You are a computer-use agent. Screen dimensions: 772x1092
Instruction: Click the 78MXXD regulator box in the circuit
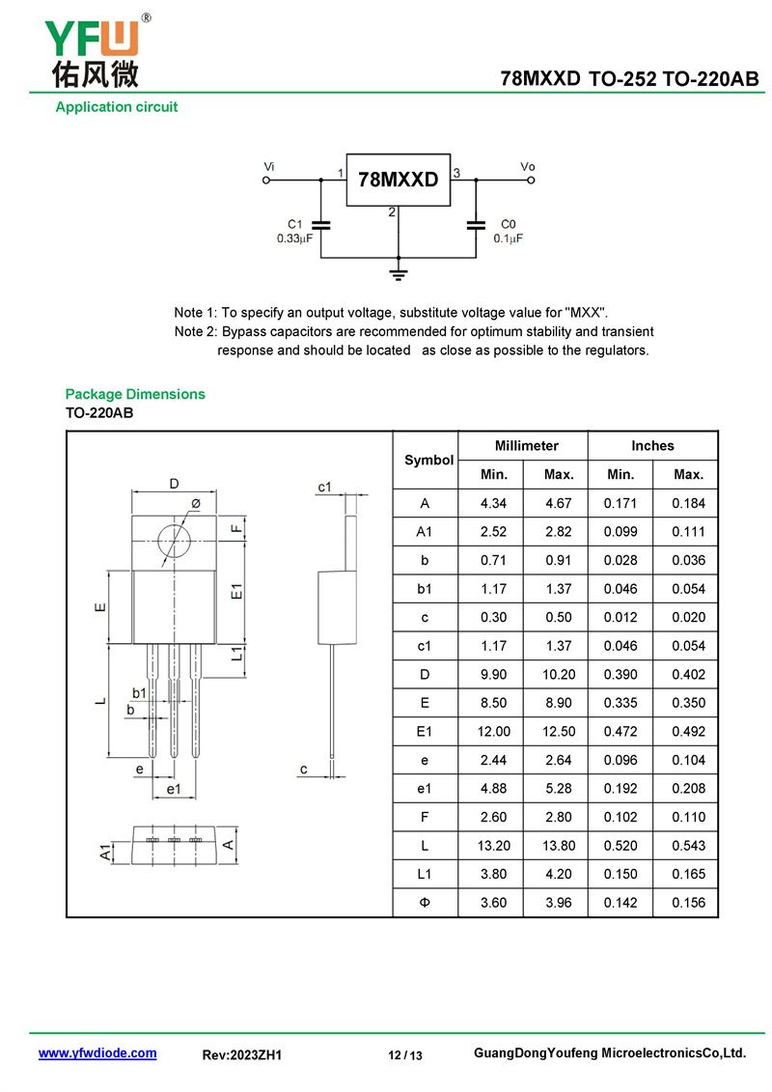point(399,180)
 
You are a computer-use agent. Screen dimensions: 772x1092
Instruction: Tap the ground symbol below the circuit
point(399,272)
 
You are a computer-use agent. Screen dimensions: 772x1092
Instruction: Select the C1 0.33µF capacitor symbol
point(321,224)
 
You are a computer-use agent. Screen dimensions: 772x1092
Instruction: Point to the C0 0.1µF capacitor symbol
point(476,224)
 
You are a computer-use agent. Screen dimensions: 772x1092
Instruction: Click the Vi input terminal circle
point(266,181)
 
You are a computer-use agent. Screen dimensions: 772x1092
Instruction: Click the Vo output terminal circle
point(531,181)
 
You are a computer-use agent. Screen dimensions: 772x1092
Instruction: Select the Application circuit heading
point(116,107)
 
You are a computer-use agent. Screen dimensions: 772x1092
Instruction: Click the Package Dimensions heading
point(135,394)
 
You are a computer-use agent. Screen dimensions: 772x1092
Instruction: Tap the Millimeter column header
point(526,446)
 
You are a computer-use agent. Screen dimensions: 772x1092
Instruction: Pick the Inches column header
point(652,446)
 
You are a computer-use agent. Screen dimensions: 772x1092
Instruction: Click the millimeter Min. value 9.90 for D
point(493,674)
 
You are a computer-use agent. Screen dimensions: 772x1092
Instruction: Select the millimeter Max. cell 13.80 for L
point(559,846)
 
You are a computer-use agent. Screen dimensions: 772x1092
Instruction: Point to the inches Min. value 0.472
point(620,731)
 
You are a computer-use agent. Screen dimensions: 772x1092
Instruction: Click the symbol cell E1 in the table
point(424,731)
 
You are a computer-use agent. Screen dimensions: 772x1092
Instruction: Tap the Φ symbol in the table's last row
point(425,903)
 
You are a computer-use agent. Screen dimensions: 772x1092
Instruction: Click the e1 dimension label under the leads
point(174,789)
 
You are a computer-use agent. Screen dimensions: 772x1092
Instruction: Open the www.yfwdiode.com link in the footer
point(97,1053)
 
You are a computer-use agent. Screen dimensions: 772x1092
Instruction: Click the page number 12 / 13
point(405,1055)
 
